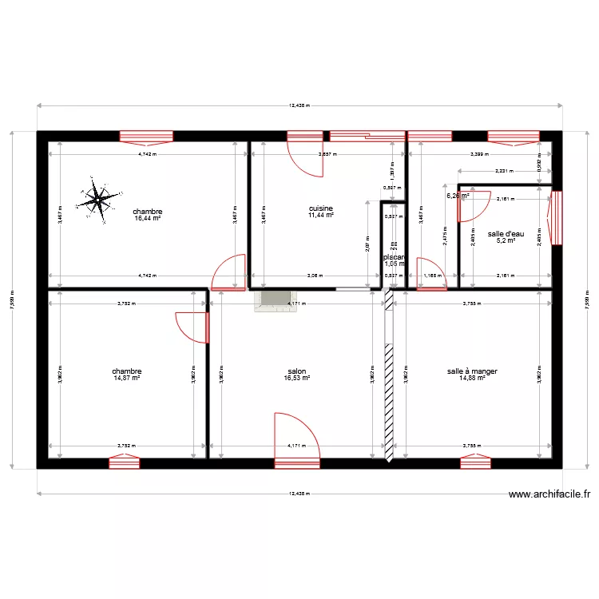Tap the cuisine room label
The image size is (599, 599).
320,208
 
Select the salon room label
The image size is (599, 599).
297,371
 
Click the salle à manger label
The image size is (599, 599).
472,371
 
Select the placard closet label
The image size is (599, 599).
393,257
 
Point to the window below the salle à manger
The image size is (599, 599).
475,461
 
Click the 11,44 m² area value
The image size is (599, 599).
320,215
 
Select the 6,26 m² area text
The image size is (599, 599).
457,196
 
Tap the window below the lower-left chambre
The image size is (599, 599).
125,461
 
